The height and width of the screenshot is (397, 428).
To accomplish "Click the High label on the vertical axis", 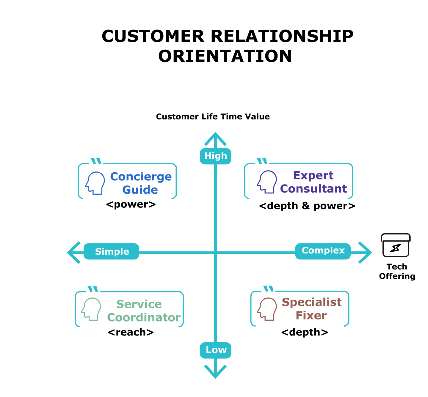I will (x=215, y=156).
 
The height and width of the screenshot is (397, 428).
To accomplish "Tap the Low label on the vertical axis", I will (x=215, y=350).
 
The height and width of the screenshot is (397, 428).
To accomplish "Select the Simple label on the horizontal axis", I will (x=112, y=251).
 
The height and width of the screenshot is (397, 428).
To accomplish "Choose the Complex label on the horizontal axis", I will (x=323, y=251).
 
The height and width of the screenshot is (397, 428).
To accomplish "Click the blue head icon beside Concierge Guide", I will (x=95, y=183).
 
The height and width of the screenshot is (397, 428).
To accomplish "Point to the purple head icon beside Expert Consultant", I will (x=267, y=182).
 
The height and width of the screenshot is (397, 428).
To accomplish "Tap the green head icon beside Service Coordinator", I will (x=91, y=309).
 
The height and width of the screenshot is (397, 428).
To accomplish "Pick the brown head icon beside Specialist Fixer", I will (x=267, y=309).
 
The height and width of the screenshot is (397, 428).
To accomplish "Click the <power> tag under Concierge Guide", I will (x=131, y=204).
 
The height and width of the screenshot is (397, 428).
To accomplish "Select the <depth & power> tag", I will (x=307, y=206).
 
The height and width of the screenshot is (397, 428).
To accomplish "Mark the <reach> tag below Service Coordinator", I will (x=131, y=332).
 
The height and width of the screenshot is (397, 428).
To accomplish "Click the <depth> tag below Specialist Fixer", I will (x=305, y=332).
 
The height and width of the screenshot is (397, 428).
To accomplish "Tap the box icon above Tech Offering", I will (x=396, y=245).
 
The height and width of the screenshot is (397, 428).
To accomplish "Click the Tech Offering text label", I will (x=397, y=271).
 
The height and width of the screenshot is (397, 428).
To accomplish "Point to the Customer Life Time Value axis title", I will (x=213, y=116).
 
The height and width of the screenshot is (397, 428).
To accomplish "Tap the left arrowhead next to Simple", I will (x=73, y=253).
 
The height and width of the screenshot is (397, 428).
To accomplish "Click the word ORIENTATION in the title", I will (x=225, y=56).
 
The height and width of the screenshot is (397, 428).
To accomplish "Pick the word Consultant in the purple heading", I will (x=313, y=189).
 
